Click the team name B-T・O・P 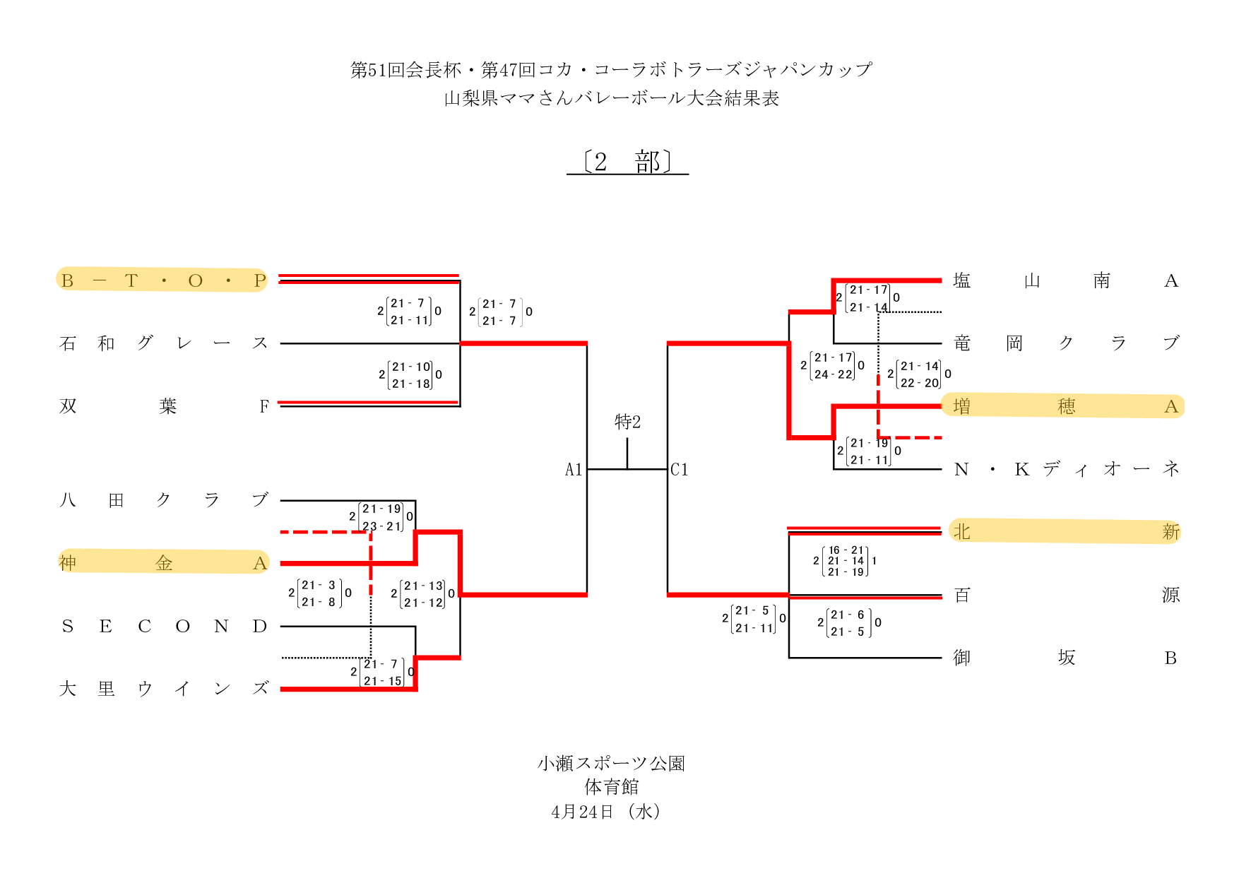[162, 280]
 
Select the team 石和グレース [162, 343]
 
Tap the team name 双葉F [162, 406]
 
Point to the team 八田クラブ [162, 500]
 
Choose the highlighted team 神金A [162, 563]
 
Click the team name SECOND [162, 627]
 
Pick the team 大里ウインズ [162, 689]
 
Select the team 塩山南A [1065, 281]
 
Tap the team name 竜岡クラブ [1065, 343]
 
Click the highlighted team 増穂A [1065, 406]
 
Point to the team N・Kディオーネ [1065, 469]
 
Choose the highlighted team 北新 [1065, 531]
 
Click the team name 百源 [1065, 595]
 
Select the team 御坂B [1065, 658]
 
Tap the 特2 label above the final [627, 422]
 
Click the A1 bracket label [574, 470]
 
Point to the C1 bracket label [680, 470]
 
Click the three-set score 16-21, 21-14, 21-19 [846, 561]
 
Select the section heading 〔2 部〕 [627, 162]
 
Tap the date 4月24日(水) [606, 812]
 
